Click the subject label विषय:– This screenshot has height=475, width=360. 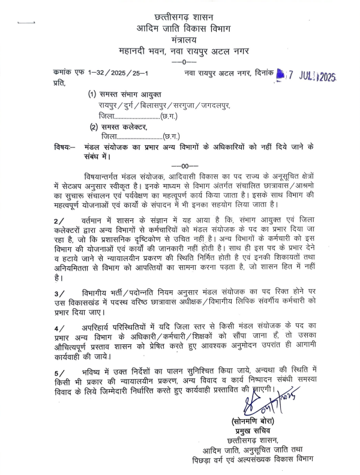tap(64, 147)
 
